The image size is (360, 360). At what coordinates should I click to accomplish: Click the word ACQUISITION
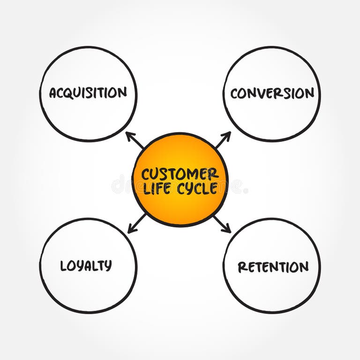click(88, 93)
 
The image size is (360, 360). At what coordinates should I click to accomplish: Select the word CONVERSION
click(272, 93)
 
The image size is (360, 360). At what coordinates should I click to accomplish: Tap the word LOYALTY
click(86, 266)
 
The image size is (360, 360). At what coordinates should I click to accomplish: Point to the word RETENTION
click(273, 267)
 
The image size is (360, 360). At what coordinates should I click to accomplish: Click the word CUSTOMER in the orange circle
click(180, 174)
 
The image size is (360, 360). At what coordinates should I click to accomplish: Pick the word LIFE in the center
click(157, 188)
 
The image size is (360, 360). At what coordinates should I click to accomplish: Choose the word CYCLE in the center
click(197, 188)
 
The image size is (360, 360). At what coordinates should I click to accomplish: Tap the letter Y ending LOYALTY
click(108, 266)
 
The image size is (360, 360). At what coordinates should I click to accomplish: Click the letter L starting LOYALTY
click(64, 266)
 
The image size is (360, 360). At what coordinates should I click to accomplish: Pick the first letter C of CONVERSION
click(234, 94)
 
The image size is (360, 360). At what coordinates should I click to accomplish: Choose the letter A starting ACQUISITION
click(53, 93)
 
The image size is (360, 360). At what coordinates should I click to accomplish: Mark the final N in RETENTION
click(304, 267)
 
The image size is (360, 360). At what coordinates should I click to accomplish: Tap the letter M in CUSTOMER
click(193, 174)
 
